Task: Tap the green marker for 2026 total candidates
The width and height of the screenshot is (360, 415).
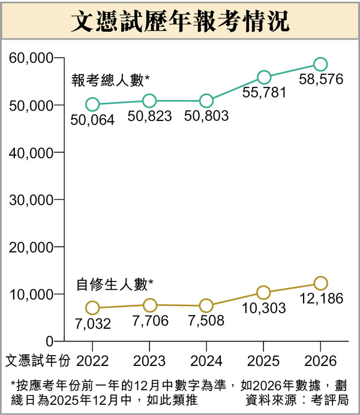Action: coord(320,64)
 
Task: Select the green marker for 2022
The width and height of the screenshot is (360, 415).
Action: coord(92,104)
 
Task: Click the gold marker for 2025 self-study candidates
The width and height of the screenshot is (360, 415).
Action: coord(263,292)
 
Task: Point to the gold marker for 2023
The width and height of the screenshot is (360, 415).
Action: coord(149,305)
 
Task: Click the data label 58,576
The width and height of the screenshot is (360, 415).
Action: coord(322,80)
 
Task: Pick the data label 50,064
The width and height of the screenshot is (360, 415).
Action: coord(92,120)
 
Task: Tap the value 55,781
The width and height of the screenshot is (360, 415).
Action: coord(264,92)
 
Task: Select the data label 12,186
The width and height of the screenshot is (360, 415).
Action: coord(322,298)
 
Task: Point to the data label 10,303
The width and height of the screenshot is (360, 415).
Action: coord(264,308)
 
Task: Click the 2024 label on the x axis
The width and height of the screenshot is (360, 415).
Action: coord(206,361)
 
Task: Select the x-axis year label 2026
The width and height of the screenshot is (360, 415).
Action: coord(320,361)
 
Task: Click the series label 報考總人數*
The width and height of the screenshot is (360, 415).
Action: coord(110,80)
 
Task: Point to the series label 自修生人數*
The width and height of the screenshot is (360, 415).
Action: coord(115,284)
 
